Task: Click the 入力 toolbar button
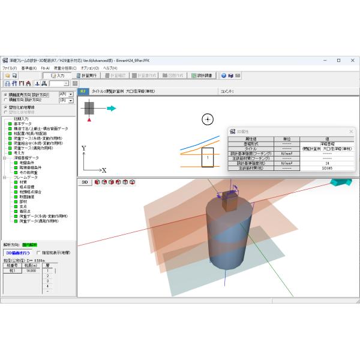click(58, 76)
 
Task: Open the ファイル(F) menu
click(10, 68)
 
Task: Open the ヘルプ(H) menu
click(110, 68)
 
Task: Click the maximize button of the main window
click(338, 61)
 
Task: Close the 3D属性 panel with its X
click(351, 131)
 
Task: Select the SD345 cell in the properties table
click(327, 169)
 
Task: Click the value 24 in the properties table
click(327, 163)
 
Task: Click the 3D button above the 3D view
click(85, 182)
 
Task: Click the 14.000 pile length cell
click(32, 271)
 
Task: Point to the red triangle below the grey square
click(89, 121)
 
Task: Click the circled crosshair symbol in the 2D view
click(208, 119)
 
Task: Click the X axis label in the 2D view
click(104, 170)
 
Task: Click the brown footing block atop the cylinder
click(230, 200)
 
